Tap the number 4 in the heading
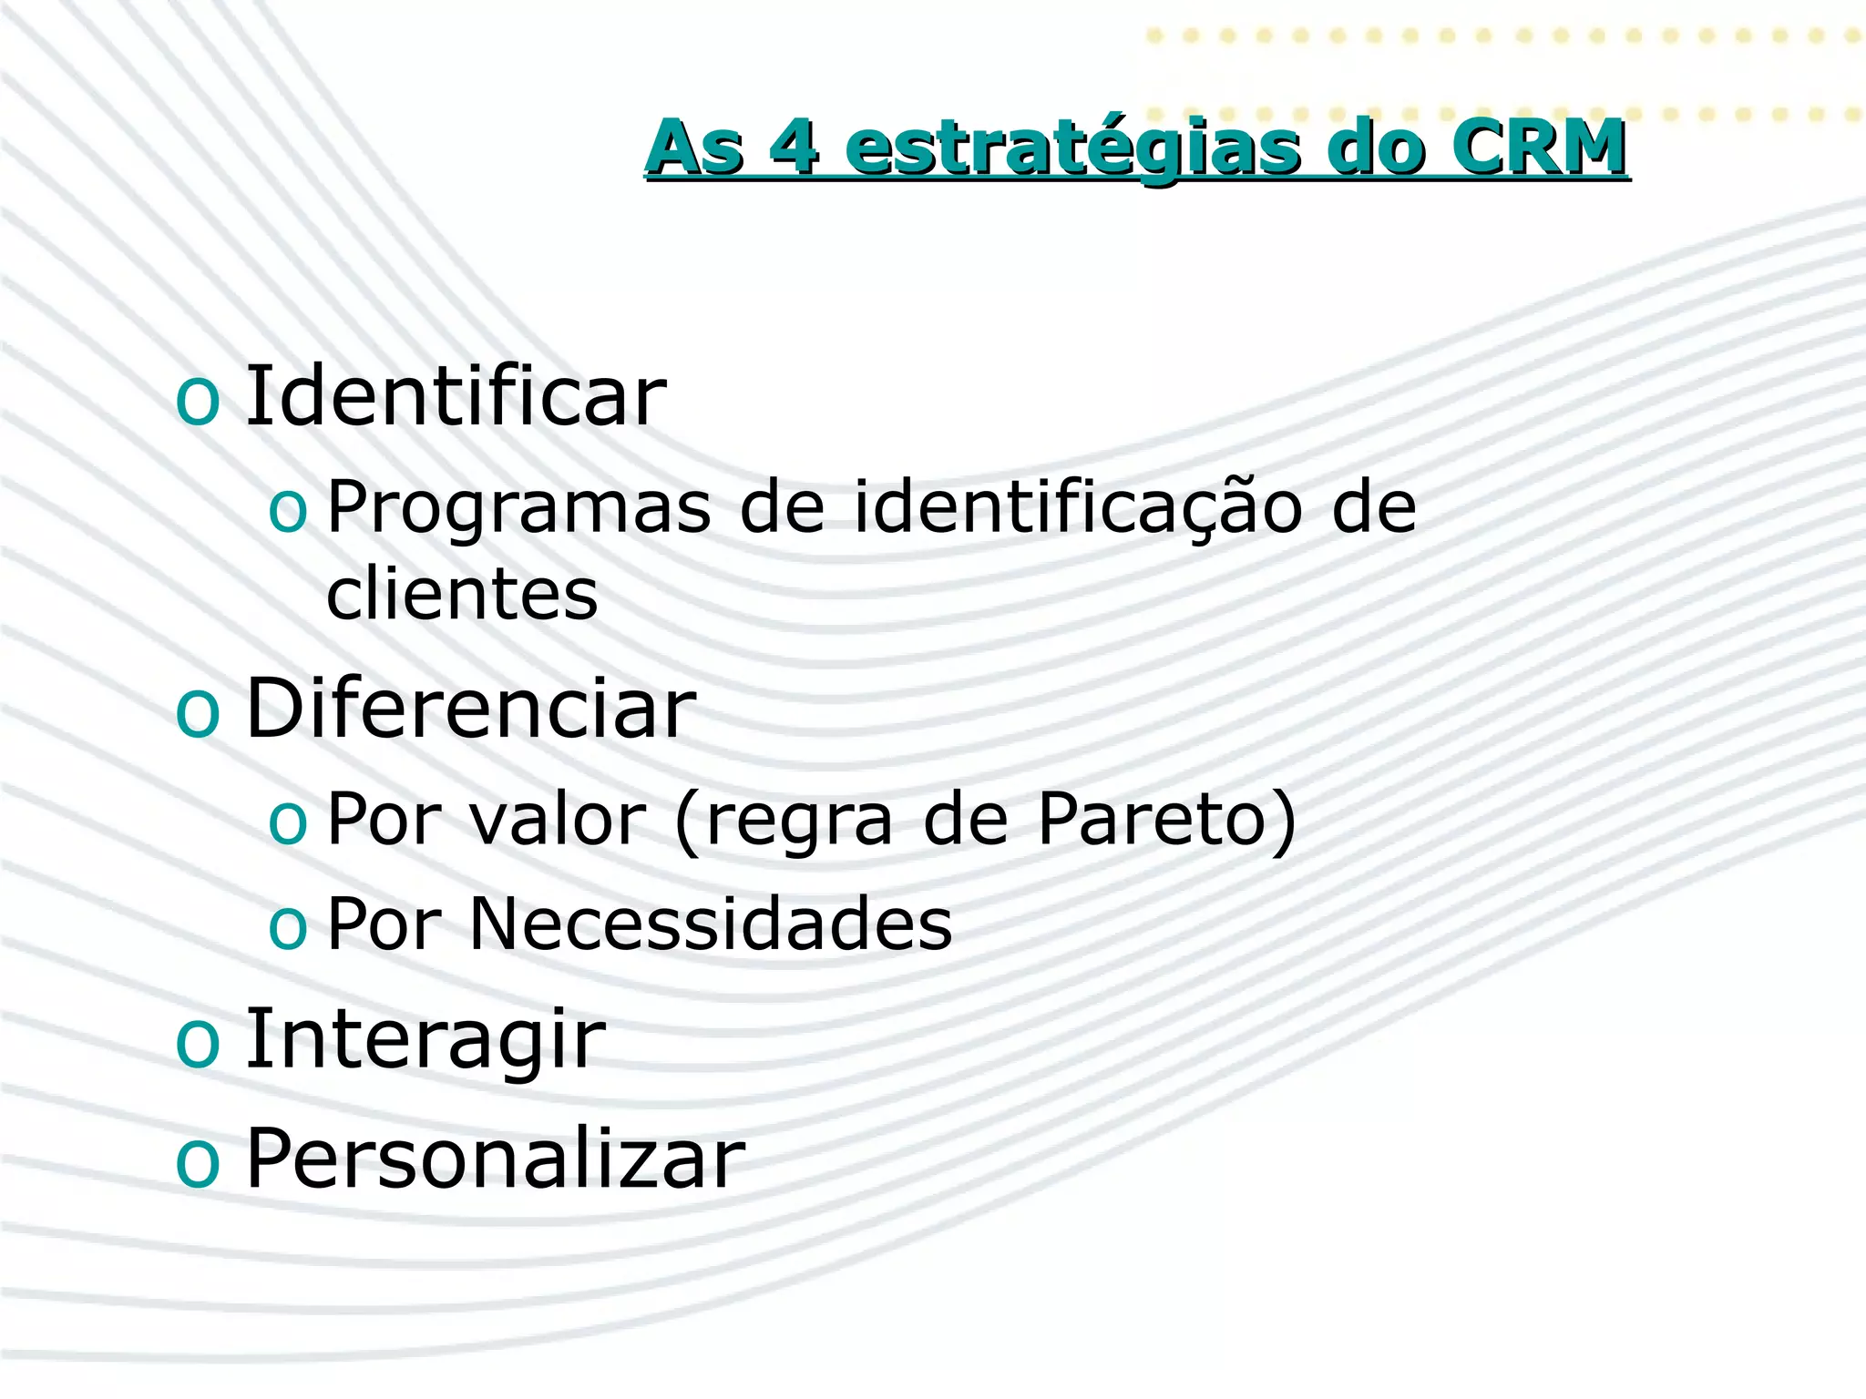794,147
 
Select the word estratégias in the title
1072,148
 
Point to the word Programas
518,507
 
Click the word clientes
462,594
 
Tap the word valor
557,819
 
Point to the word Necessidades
710,924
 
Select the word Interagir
425,1039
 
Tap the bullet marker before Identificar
198,401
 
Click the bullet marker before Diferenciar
198,713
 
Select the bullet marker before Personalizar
198,1163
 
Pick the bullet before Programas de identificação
288,512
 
